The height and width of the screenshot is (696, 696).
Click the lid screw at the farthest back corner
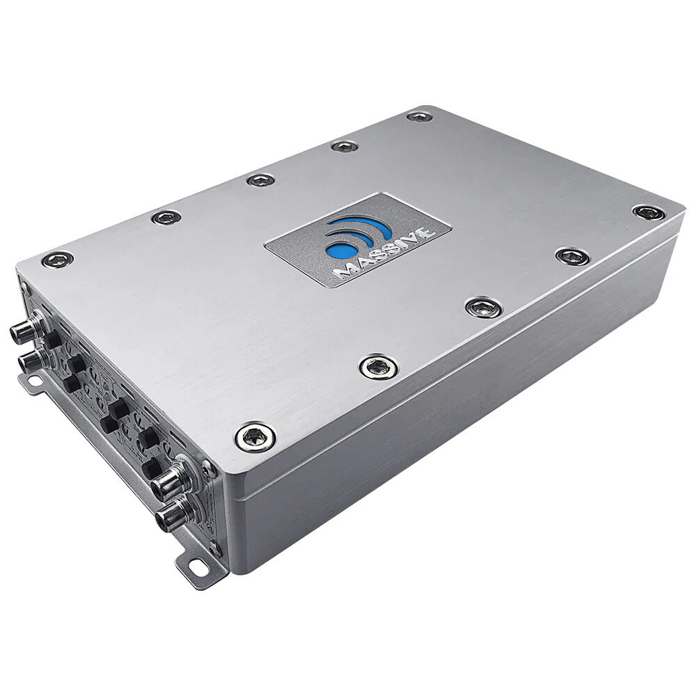coord(420,116)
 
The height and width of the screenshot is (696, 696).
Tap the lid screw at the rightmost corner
coord(649,212)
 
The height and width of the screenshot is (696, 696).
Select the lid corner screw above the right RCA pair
coord(255,437)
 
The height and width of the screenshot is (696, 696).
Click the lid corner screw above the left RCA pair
coord(57,260)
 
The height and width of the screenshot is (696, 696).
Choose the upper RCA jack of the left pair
coord(24,331)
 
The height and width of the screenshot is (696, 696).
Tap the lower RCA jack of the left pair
coord(31,359)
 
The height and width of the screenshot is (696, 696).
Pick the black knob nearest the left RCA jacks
coord(53,339)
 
